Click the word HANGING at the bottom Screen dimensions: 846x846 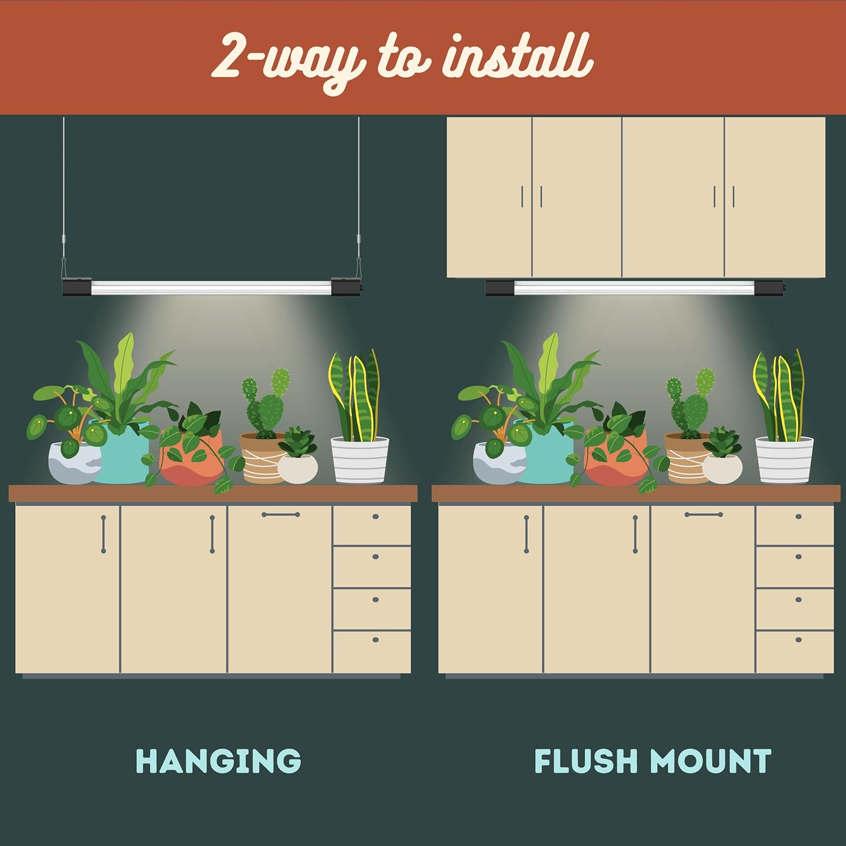218,761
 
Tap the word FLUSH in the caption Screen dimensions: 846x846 587,761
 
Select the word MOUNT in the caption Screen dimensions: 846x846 711,761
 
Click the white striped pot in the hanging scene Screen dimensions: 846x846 360,460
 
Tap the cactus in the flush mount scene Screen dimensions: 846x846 690,403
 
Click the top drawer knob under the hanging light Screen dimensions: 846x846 376,517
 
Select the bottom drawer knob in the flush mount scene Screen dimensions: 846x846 799,640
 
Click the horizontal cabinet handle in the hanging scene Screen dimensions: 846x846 281,514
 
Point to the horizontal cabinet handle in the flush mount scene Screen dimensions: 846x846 704,514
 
